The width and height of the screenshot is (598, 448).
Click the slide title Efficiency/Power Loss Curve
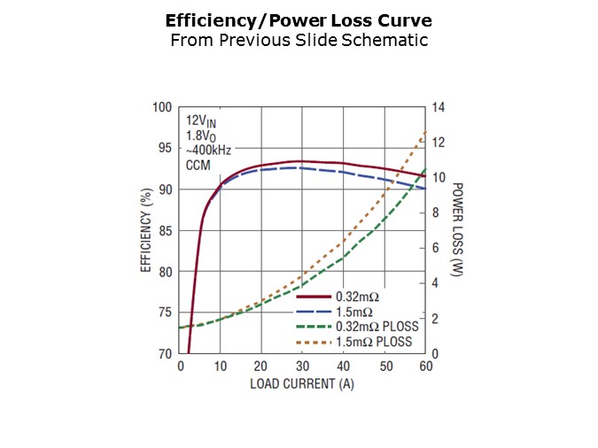click(x=299, y=19)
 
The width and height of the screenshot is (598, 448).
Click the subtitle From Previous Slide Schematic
click(x=299, y=40)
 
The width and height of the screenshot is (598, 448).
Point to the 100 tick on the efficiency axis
click(x=162, y=108)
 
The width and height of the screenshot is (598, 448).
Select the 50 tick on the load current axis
click(x=384, y=367)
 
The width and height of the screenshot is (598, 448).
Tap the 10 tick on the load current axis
click(x=221, y=367)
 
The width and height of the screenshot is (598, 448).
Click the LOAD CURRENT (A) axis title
click(x=302, y=384)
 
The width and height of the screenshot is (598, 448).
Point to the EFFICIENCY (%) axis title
click(x=145, y=230)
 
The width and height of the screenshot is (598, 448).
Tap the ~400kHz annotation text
click(x=208, y=151)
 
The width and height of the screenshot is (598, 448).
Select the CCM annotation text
click(x=198, y=165)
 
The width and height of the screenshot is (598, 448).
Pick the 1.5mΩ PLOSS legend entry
click(x=377, y=342)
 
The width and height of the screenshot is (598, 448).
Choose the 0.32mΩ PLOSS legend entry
click(x=377, y=327)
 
